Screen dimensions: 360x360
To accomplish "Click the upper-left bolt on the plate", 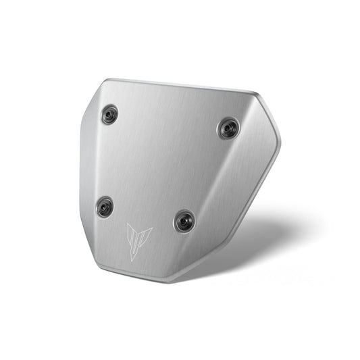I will [x=109, y=115].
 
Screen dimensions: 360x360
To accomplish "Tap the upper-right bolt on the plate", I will [x=228, y=128].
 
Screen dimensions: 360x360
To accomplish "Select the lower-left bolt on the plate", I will [x=104, y=207].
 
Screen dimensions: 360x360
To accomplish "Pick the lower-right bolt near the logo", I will [x=184, y=220].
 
